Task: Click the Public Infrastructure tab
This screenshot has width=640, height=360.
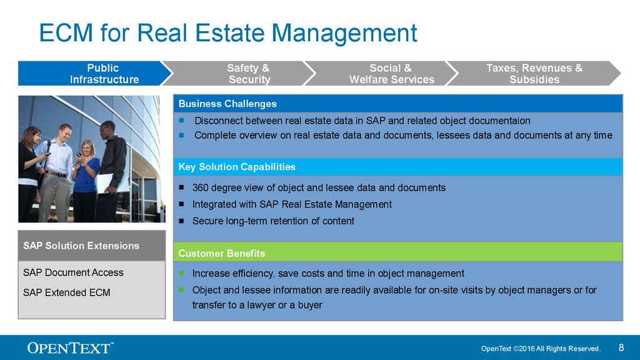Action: [95, 74]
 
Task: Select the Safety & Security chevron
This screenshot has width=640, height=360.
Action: [241, 74]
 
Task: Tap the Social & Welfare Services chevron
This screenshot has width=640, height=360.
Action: [384, 74]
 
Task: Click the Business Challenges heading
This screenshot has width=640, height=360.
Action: [227, 104]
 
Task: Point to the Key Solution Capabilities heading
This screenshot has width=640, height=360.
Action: [237, 167]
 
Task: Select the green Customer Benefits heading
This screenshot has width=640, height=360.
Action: [222, 254]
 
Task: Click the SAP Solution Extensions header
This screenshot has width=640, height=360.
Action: [81, 246]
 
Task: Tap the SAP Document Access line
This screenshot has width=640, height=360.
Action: [73, 272]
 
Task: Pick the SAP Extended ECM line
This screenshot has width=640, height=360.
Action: [66, 292]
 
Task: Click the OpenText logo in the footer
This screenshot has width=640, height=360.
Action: [70, 347]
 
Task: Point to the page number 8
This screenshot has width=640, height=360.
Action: [621, 347]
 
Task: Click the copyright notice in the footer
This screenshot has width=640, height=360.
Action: [541, 349]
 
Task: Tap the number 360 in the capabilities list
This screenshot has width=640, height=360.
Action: [201, 187]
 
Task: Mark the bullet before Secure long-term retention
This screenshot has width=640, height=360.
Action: [181, 221]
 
